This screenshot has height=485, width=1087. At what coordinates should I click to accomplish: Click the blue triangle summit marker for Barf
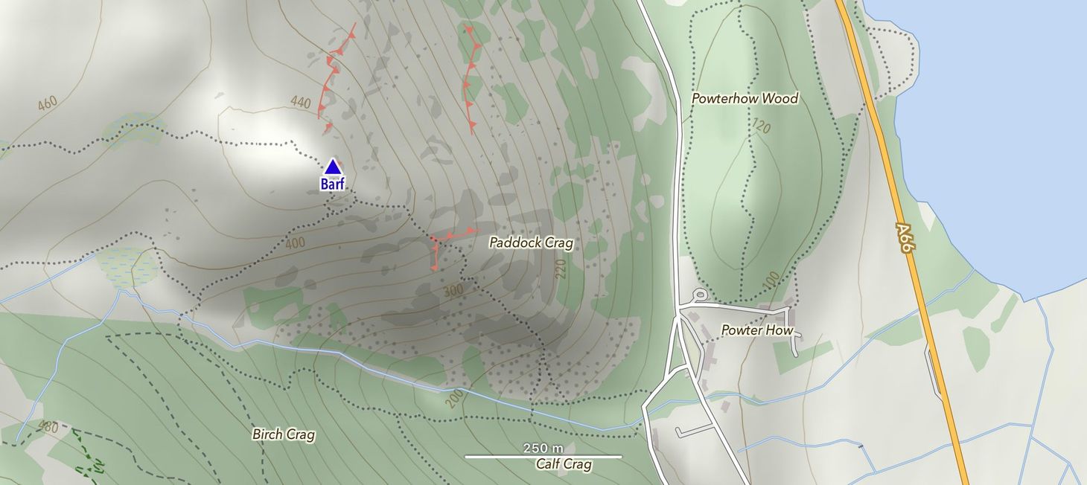click(x=332, y=167)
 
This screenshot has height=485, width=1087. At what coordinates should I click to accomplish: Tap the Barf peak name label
click(x=333, y=184)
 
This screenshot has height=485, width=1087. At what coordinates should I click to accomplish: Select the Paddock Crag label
click(x=531, y=242)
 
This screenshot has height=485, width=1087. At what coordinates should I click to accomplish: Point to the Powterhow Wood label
click(x=745, y=98)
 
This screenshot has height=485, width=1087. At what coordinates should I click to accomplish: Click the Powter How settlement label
click(x=757, y=330)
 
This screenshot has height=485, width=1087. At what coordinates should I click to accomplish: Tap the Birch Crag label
click(x=283, y=434)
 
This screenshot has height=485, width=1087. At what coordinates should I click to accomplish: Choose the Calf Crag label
click(x=564, y=465)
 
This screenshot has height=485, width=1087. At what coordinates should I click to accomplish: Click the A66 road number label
click(x=904, y=238)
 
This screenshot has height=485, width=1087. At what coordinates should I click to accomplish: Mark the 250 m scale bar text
click(x=543, y=448)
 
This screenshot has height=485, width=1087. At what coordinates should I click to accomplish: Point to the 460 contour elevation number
click(x=46, y=103)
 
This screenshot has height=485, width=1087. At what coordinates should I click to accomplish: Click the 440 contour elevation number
click(x=300, y=102)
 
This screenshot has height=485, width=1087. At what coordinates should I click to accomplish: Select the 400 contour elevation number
click(x=295, y=243)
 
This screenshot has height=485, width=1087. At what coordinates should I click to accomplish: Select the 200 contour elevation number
click(x=455, y=397)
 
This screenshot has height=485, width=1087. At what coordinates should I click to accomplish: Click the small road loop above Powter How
click(x=700, y=295)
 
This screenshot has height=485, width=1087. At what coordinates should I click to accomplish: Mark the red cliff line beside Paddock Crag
click(x=447, y=238)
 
